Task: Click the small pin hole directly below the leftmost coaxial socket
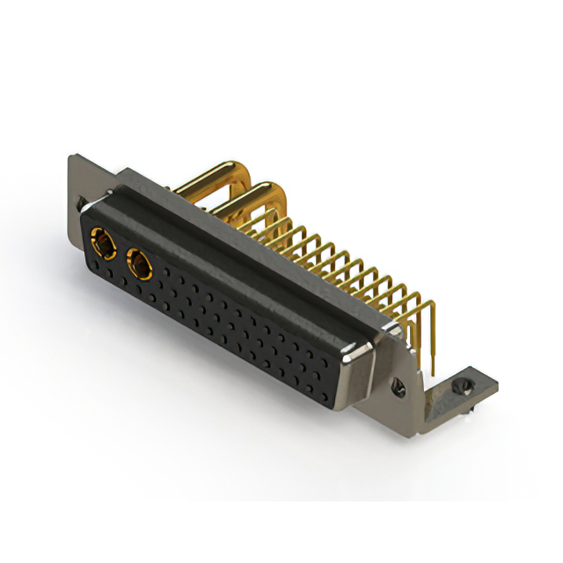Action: tap(97, 263)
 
